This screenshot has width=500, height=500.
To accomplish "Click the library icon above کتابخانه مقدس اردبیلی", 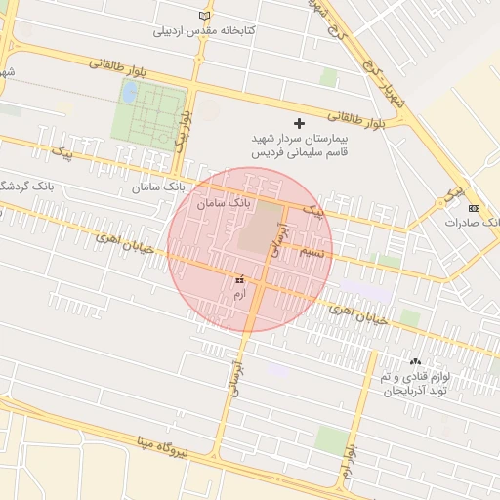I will tap(204, 16).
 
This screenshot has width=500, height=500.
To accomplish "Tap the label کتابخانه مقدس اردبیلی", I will tap(205, 31).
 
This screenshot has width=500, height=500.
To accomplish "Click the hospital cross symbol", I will tap(299, 124).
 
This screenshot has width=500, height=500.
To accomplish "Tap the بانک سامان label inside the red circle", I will tap(224, 204).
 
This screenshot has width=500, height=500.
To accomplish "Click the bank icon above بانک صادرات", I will tap(474, 208).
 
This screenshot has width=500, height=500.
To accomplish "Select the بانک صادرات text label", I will tap(473, 223).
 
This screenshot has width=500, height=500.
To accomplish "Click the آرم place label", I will tap(239, 294).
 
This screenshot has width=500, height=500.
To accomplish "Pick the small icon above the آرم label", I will tap(239, 280).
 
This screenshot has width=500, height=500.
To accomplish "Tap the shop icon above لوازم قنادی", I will tap(415, 361).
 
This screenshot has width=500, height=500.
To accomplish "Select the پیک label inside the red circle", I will tap(312, 209).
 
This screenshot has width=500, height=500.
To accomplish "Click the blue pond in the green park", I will tap(129, 92).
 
